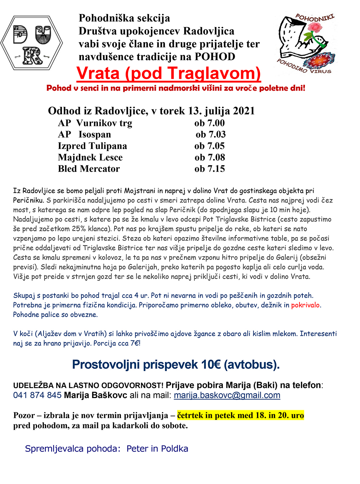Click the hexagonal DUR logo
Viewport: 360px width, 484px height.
[x=32, y=43]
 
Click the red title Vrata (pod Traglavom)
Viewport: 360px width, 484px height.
[x=168, y=73]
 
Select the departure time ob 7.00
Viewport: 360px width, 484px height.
[x=210, y=123]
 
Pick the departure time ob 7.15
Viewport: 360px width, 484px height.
[x=210, y=169]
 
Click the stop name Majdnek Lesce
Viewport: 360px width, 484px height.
[x=90, y=157]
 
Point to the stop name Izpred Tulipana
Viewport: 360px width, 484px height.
[x=92, y=146]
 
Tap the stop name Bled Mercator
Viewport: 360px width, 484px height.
[x=89, y=169]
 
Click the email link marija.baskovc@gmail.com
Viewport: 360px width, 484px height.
[x=227, y=395]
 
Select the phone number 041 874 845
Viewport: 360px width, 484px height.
[x=37, y=395]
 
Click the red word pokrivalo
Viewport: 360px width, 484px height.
[x=305, y=305]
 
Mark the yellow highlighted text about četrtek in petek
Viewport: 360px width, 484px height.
[x=240, y=415]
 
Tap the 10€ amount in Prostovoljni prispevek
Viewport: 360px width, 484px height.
[x=211, y=365]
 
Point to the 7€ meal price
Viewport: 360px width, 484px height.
[x=135, y=343]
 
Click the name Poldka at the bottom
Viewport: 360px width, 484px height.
[x=175, y=449]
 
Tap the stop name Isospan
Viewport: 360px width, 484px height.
[x=95, y=135]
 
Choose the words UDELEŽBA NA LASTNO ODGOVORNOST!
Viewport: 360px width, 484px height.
[x=88, y=385]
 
